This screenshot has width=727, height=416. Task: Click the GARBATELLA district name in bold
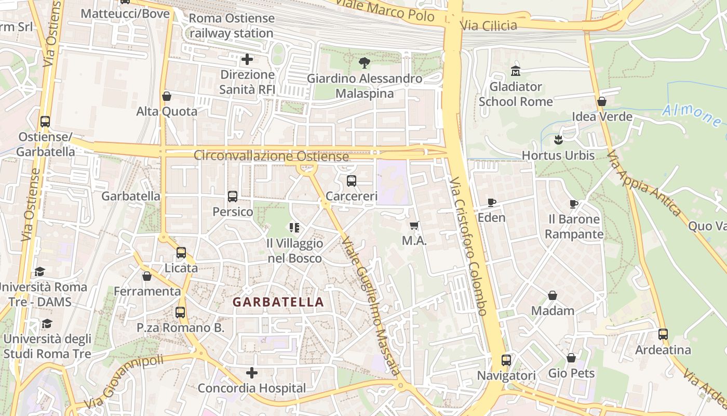click(278, 302)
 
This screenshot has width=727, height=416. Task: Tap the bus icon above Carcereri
click(352, 181)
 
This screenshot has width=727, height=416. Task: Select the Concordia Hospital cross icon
click(252, 373)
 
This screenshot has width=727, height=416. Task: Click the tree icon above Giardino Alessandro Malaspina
click(365, 63)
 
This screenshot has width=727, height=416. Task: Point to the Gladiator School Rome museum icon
click(516, 71)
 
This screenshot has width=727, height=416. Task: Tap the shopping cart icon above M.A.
click(414, 226)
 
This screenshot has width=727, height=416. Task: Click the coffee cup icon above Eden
click(491, 202)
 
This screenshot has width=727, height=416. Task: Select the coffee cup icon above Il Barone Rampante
click(574, 204)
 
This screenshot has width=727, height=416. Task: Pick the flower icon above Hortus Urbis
click(558, 139)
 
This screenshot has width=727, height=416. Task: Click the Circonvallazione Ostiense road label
click(271, 155)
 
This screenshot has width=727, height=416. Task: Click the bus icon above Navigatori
click(506, 360)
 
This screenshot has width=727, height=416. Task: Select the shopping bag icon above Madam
click(553, 295)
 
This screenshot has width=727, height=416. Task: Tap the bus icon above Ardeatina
click(663, 334)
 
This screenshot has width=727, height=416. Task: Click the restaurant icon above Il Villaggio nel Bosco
click(294, 227)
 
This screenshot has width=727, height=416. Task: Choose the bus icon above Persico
click(233, 197)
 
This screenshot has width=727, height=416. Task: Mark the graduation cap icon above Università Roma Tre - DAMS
click(39, 271)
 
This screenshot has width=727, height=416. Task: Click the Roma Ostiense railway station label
click(231, 25)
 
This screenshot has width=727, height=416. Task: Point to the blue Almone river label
click(691, 115)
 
